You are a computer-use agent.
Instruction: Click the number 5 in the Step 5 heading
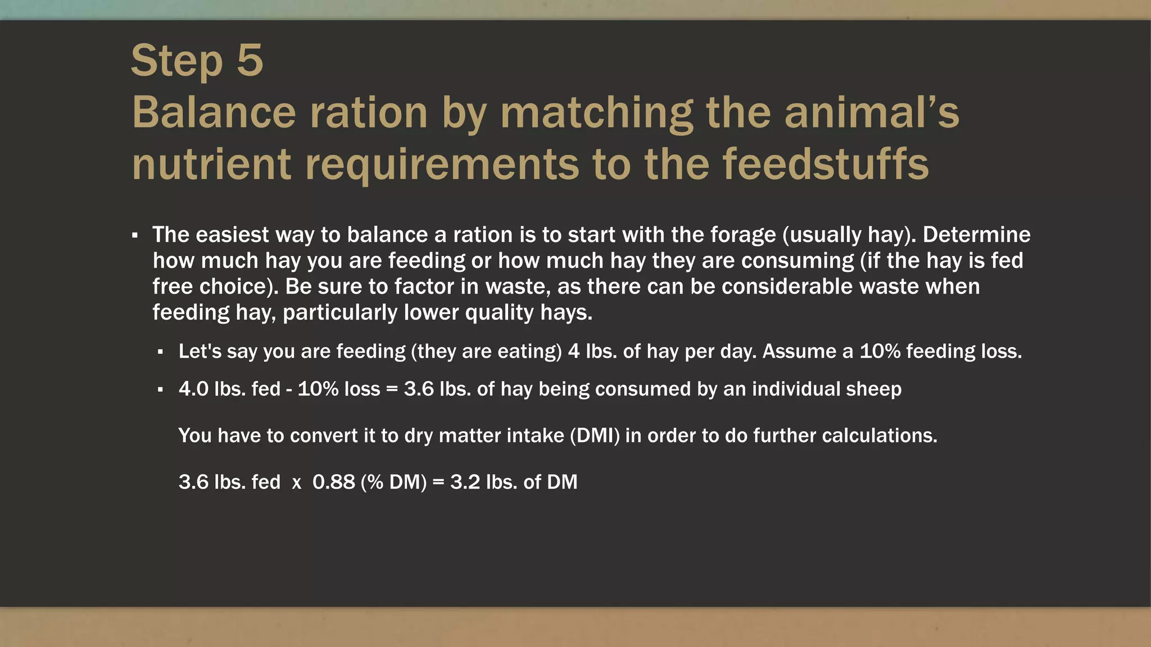(x=250, y=61)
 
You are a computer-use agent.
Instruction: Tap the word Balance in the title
(x=214, y=112)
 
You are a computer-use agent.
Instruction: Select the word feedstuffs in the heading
(x=826, y=164)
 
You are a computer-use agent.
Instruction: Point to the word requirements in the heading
(x=442, y=165)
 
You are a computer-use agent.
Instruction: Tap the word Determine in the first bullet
(x=976, y=235)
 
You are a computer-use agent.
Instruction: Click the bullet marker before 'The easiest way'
(x=135, y=235)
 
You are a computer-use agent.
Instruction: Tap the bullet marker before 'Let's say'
(x=161, y=352)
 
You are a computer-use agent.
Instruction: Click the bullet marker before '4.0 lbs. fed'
(x=161, y=389)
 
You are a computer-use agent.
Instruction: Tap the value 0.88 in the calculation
(x=334, y=482)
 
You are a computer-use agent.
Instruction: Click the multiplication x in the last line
(x=297, y=483)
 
